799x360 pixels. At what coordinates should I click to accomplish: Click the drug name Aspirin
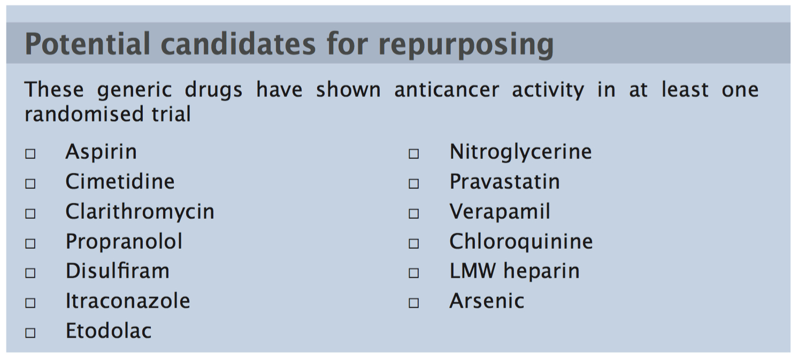(101, 152)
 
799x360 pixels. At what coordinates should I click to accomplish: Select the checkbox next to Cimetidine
(30, 183)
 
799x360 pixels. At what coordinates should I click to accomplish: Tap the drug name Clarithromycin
(140, 212)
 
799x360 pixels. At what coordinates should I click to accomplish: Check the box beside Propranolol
(30, 243)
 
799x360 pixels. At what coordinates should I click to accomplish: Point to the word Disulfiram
(117, 271)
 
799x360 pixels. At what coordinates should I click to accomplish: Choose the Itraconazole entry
(127, 301)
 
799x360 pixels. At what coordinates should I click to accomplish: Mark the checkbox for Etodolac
(30, 333)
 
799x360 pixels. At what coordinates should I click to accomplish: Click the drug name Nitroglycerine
(520, 152)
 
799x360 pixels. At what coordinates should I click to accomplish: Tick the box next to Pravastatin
(414, 183)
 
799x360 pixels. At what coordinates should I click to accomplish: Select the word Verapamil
(500, 212)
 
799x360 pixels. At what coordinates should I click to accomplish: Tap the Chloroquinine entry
(521, 242)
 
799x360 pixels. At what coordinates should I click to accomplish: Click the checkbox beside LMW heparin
(414, 273)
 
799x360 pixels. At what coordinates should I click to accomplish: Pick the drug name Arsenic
(487, 301)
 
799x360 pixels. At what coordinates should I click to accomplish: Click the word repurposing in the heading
(465, 45)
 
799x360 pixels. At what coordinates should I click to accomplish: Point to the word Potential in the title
(88, 44)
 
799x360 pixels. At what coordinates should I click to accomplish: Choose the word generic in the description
(134, 90)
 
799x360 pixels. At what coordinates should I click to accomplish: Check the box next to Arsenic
(414, 303)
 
